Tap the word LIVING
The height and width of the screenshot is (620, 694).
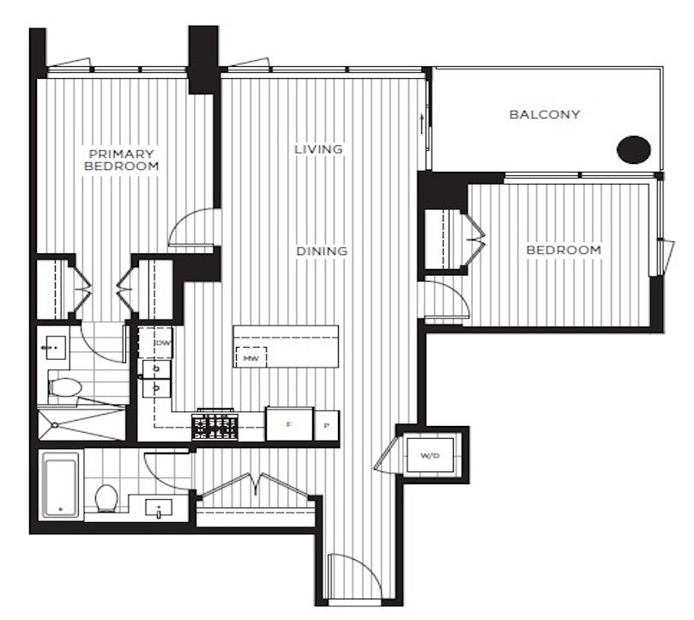click(x=318, y=149)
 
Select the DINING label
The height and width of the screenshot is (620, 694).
click(x=322, y=252)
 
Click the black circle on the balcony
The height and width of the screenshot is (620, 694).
click(x=632, y=149)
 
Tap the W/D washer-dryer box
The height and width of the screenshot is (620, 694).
click(x=429, y=454)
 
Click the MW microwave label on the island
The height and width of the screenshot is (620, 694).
click(x=251, y=356)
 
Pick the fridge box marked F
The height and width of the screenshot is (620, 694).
click(x=288, y=424)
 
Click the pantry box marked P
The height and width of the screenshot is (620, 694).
click(x=327, y=425)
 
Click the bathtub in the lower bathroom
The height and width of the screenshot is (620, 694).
click(x=61, y=485)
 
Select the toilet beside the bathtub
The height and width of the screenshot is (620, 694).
click(x=106, y=496)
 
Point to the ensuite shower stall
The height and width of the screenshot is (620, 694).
click(x=81, y=423)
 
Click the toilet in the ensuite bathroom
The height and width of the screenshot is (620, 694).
click(x=65, y=387)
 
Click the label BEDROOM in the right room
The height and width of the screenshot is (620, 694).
click(x=563, y=250)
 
